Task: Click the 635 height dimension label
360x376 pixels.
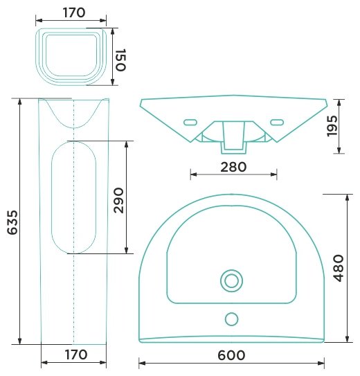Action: pyautogui.click(x=12, y=222)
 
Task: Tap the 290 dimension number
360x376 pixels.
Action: pyautogui.click(x=118, y=201)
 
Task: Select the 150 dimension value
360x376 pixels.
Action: pyautogui.click(x=120, y=60)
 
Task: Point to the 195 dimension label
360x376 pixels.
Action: pyautogui.click(x=332, y=126)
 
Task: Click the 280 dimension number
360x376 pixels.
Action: pyautogui.click(x=233, y=167)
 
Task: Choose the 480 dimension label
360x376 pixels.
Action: pyautogui.click(x=339, y=268)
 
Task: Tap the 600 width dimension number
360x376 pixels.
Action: pyautogui.click(x=231, y=355)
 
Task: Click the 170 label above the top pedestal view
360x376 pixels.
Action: pyautogui.click(x=74, y=12)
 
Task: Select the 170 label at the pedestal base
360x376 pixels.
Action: pyautogui.click(x=76, y=355)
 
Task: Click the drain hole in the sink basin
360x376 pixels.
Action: pyautogui.click(x=231, y=281)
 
